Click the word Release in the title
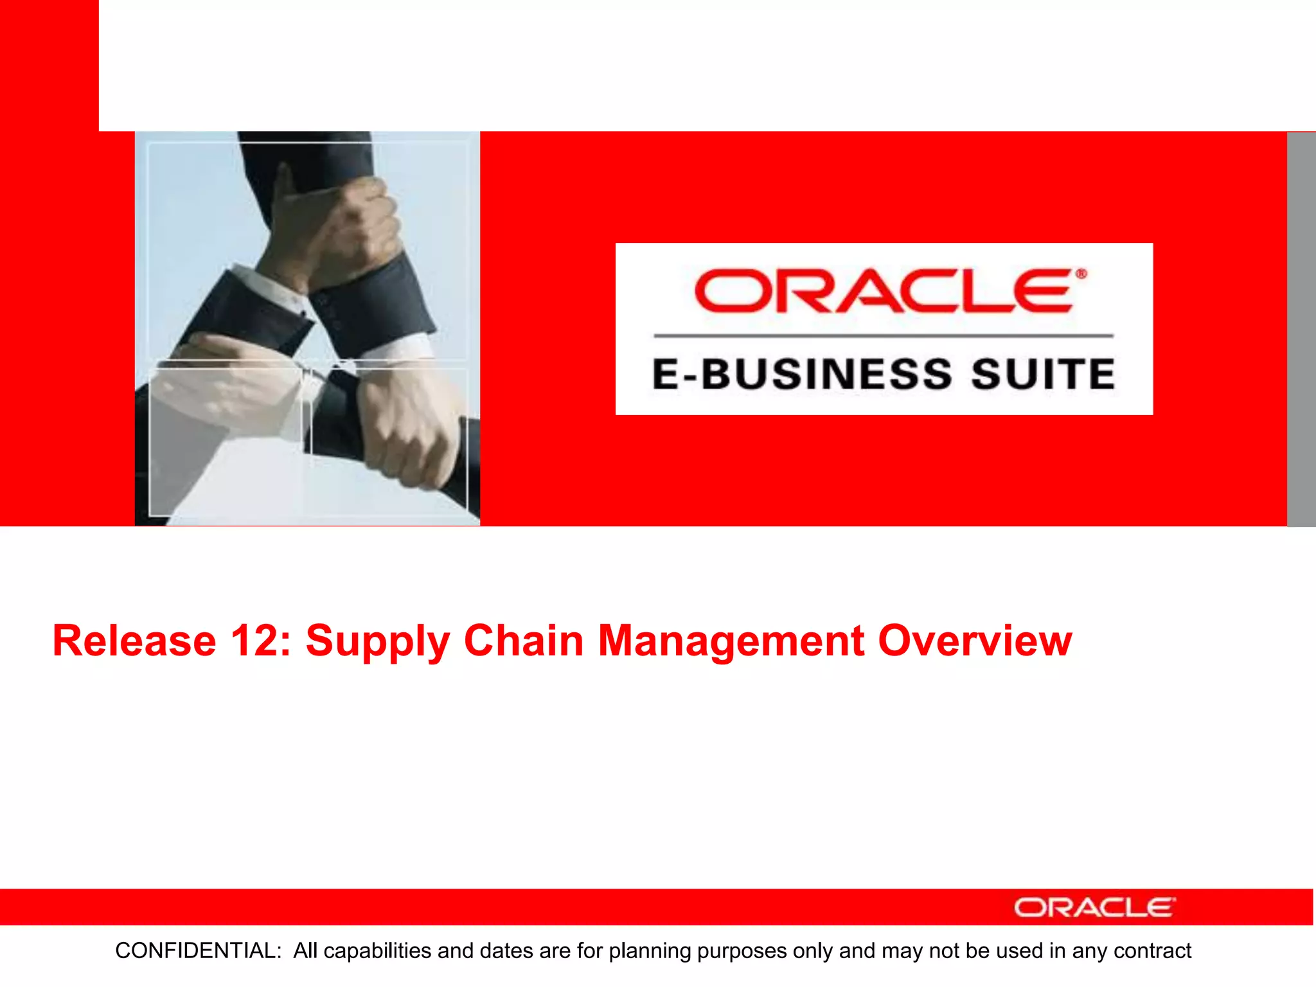(134, 641)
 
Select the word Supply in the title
(377, 642)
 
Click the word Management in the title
(731, 642)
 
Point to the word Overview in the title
(975, 641)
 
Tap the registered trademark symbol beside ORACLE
(1081, 274)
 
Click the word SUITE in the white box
(1042, 374)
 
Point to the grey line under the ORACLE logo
(884, 335)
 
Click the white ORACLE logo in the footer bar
(1094, 907)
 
